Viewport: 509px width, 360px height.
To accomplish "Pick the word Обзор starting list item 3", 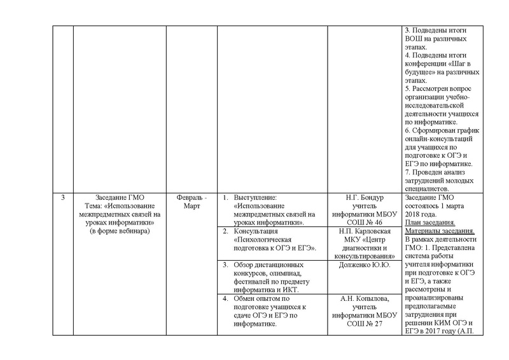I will click(246, 264).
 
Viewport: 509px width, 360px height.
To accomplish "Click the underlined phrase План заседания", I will click(429, 223).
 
